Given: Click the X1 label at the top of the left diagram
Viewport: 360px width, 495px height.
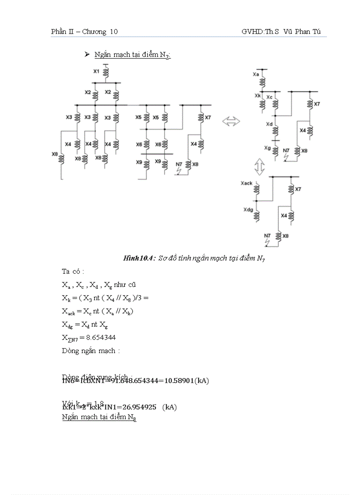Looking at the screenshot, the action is pyautogui.click(x=97, y=71).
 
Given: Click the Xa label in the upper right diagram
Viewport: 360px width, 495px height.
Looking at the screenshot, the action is pyautogui.click(x=255, y=75).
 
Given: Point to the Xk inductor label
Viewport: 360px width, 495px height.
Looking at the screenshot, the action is pyautogui.click(x=258, y=96).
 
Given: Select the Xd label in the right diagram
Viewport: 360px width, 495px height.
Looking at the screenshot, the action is pyautogui.click(x=269, y=125).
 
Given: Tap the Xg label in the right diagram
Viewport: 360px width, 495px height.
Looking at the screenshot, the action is pyautogui.click(x=267, y=148).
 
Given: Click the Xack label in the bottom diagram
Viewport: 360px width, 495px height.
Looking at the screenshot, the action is pyautogui.click(x=247, y=183).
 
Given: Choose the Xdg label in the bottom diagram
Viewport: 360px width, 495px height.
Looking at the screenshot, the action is pyautogui.click(x=248, y=210).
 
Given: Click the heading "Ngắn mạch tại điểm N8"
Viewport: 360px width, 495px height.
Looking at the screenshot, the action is pyautogui.click(x=99, y=417).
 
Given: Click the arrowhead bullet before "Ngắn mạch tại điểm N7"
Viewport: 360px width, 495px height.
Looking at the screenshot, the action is pyautogui.click(x=87, y=54).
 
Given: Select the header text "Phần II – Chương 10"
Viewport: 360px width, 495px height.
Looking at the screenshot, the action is pyautogui.click(x=84, y=32).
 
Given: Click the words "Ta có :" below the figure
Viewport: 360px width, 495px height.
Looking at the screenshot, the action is pyautogui.click(x=73, y=272).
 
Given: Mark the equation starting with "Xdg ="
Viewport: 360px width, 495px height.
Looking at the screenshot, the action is pyautogui.click(x=85, y=324).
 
